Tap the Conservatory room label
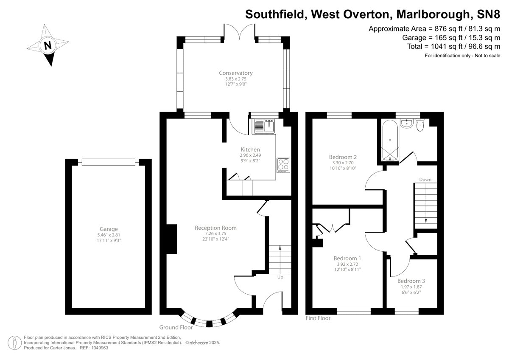pyautogui.click(x=236, y=73)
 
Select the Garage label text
pyautogui.click(x=109, y=229)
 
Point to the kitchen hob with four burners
pyautogui.click(x=283, y=165)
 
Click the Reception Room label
pyautogui.click(x=215, y=228)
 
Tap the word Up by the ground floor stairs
pyautogui.click(x=280, y=277)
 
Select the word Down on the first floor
pyautogui.click(x=425, y=180)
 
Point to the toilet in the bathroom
pyautogui.click(x=420, y=126)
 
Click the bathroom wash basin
pyautogui.click(x=406, y=123)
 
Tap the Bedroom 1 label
pyautogui.click(x=347, y=258)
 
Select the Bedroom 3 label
pyautogui.click(x=411, y=281)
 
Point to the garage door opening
pyautogui.click(x=109, y=161)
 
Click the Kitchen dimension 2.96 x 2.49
pyautogui.click(x=250, y=155)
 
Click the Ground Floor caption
pyautogui.click(x=176, y=327)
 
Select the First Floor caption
pyautogui.click(x=318, y=318)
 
